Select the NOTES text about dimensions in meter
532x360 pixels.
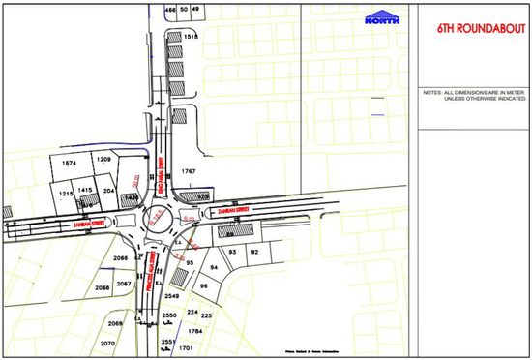point(473,95)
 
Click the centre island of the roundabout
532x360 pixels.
point(159,219)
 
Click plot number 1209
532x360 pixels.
point(103,158)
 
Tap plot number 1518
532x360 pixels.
point(191,37)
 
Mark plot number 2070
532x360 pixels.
point(107,343)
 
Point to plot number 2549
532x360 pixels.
point(170,293)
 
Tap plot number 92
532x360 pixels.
point(254,252)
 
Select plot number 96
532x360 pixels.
point(204,286)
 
